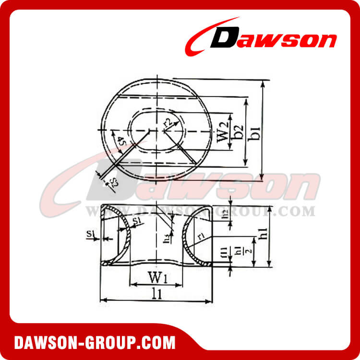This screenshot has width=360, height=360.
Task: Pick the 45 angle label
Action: (x=121, y=143)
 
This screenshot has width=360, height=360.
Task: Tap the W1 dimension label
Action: (x=156, y=277)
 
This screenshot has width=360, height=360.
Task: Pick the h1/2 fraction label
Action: (x=250, y=252)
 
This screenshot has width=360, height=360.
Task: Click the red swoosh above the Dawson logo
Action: (x=211, y=29)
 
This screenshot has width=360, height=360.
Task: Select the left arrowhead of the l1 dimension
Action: (x=102, y=300)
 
